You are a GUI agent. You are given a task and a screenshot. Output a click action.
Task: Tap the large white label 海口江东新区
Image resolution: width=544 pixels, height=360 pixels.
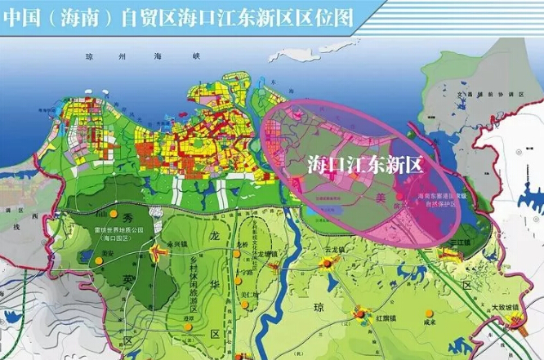coord(364,164)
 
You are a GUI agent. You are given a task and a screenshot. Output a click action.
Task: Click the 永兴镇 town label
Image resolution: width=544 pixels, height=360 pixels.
coord(176,243)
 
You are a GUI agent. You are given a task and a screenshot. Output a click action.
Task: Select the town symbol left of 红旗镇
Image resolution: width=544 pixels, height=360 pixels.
coord(359,313)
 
